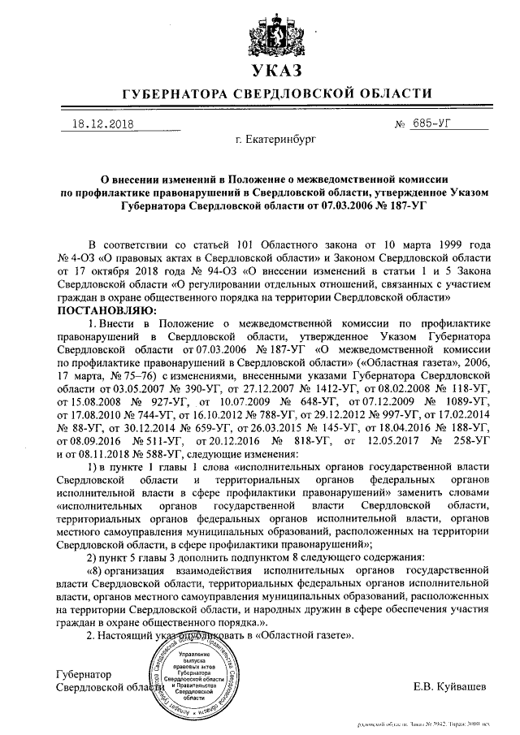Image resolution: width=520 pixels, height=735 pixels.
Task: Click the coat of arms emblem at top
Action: click(261, 26)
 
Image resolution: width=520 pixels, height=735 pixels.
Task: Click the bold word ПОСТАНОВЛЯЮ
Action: click(105, 310)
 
